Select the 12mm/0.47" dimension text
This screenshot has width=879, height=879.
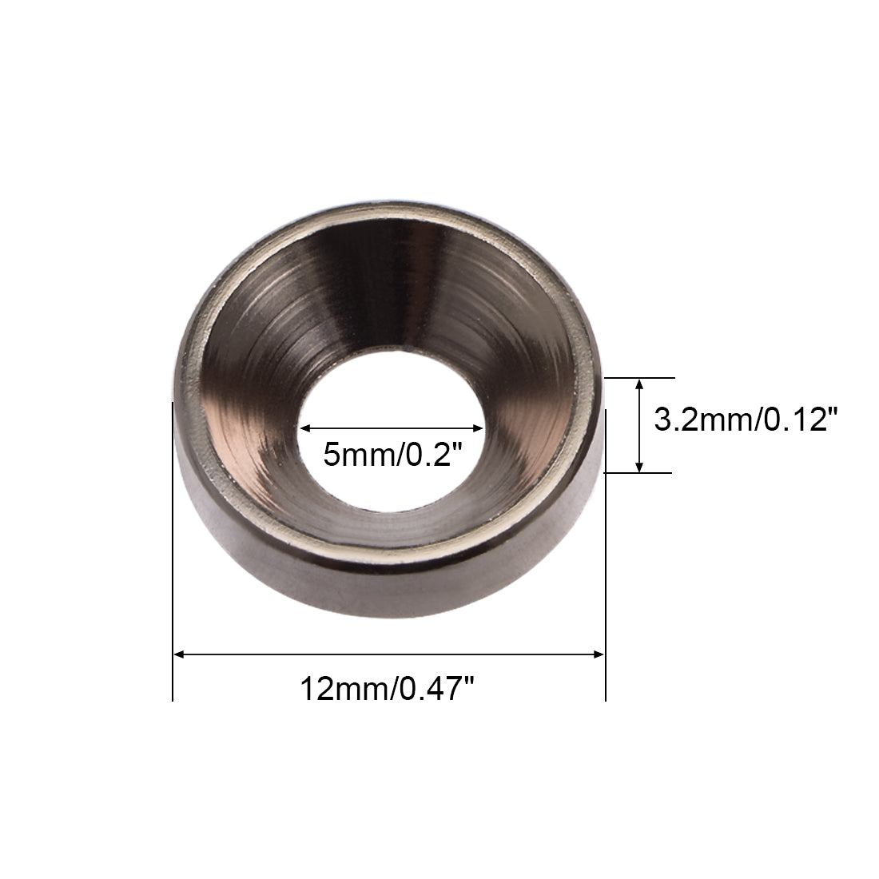tap(388, 688)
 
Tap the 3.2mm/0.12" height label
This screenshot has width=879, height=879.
tap(746, 419)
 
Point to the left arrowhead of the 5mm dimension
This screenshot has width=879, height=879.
tap(306, 428)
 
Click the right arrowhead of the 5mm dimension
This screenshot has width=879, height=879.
tap(478, 428)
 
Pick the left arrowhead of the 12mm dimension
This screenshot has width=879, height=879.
tap(179, 654)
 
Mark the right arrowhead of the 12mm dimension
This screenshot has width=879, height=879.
tap(599, 654)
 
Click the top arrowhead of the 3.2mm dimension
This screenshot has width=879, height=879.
tap(639, 384)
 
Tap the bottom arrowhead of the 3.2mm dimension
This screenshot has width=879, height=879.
tap(639, 467)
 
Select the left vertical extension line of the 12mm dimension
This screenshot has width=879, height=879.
tap(173, 551)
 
